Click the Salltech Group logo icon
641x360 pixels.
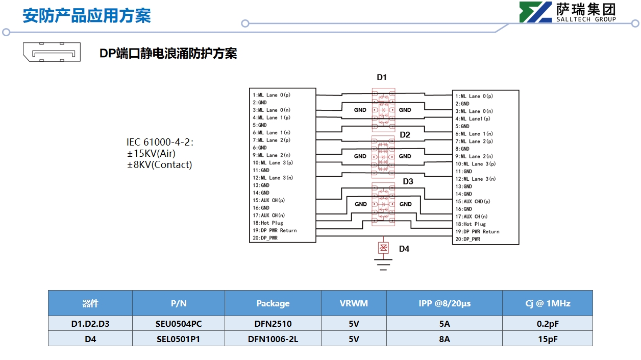coord(536,12)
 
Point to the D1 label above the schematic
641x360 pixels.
coord(382,78)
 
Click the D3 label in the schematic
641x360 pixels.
coord(408,181)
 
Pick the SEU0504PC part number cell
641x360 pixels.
coord(179,324)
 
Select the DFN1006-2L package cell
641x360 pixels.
coord(273,339)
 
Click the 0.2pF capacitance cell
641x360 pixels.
coord(547,324)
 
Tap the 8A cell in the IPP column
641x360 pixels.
coord(444,339)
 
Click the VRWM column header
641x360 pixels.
coord(354,303)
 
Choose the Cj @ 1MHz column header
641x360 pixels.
coord(548,303)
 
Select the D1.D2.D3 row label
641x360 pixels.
coord(90,324)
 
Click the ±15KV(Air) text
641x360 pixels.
coord(152,153)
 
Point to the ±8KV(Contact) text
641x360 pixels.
coord(160,164)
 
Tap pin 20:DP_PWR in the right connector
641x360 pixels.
coord(467,239)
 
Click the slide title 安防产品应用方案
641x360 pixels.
coord(87,16)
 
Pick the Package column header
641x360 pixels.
coord(273,303)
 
